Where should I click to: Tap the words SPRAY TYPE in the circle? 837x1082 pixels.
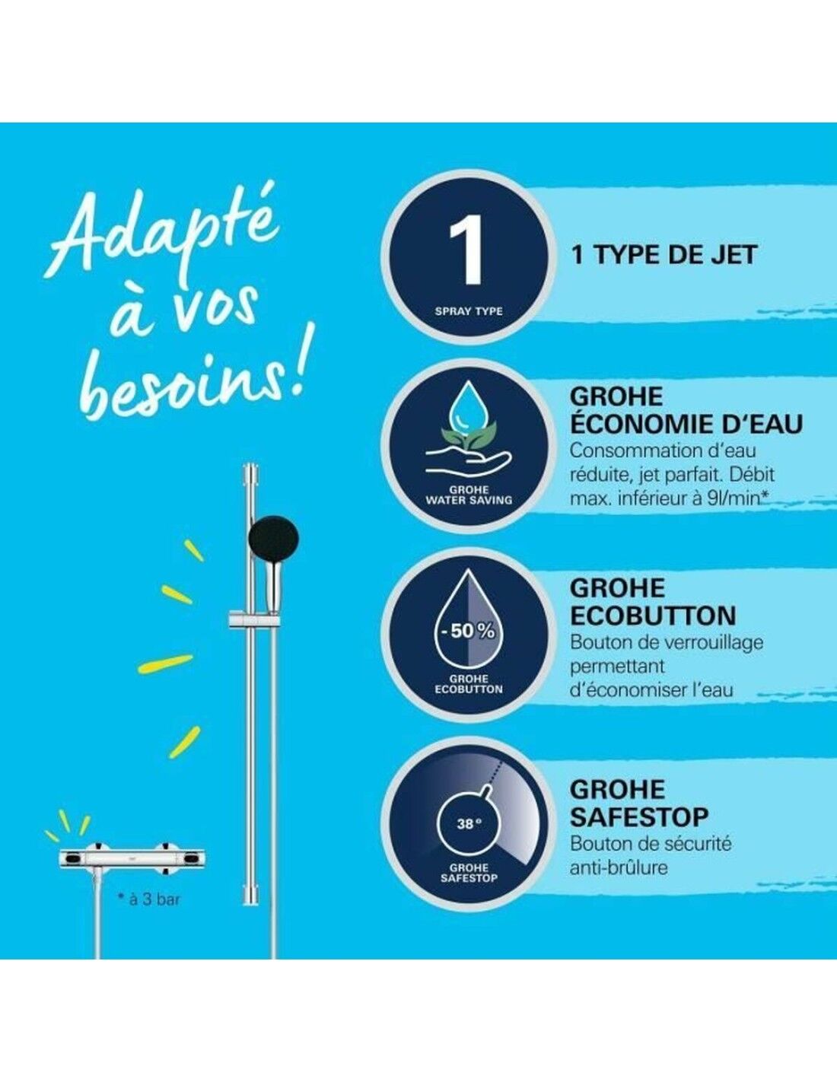click(x=469, y=311)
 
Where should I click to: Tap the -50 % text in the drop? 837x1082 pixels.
click(x=466, y=632)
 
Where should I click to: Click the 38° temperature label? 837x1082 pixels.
click(x=466, y=824)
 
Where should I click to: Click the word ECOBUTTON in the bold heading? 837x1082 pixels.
click(x=654, y=616)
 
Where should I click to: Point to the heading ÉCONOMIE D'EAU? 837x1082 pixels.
click(x=686, y=425)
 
